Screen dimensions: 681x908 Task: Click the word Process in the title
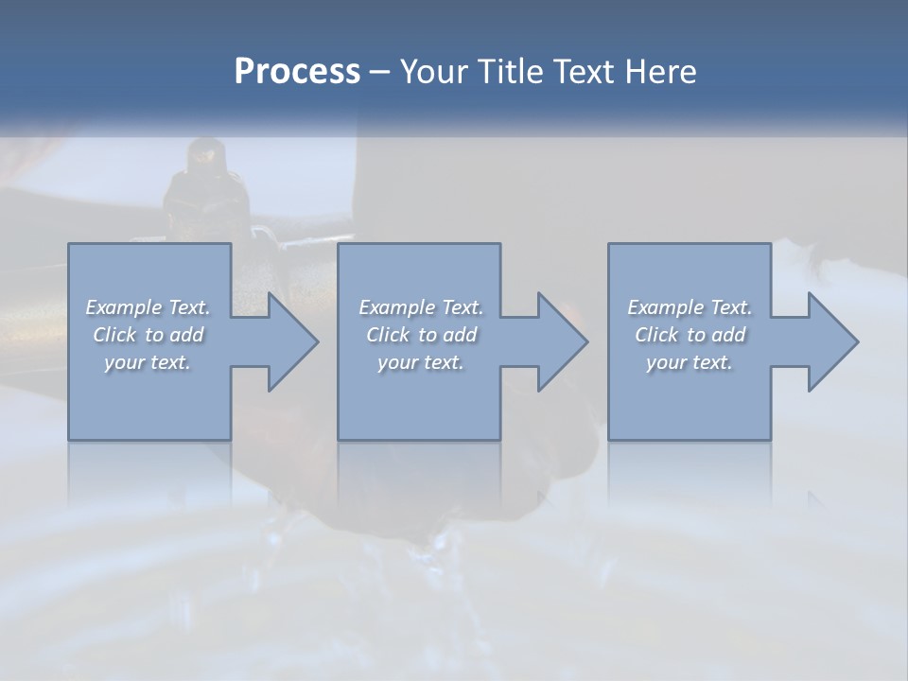(x=297, y=72)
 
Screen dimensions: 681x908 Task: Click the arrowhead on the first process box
(x=288, y=341)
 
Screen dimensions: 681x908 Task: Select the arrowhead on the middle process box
(x=558, y=341)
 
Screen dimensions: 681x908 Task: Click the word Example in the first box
(x=123, y=307)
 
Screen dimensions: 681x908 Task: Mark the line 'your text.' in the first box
(x=148, y=362)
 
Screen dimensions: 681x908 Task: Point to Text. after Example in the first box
(x=187, y=307)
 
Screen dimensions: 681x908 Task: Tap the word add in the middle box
(x=460, y=335)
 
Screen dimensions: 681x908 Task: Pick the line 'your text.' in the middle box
(x=420, y=362)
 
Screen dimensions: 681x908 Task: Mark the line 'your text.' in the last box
(x=690, y=362)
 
